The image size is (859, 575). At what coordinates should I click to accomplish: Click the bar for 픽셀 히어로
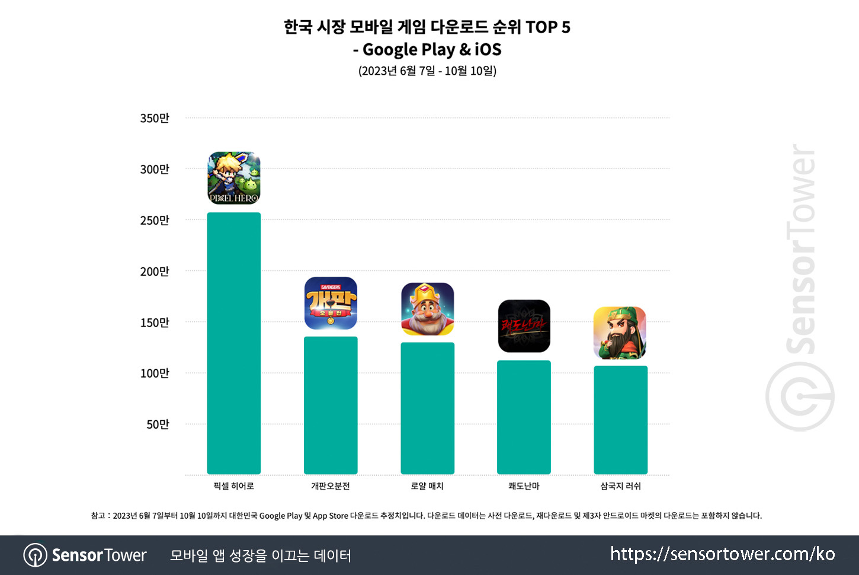pos(233,343)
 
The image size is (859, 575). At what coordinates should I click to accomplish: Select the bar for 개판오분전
pos(331,405)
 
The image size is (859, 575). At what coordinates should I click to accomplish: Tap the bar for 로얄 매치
pos(427,408)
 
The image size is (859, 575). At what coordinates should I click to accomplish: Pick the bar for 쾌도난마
pos(524,417)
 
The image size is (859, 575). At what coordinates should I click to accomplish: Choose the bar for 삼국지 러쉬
pos(620,420)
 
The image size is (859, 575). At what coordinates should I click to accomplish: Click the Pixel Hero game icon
pos(234,178)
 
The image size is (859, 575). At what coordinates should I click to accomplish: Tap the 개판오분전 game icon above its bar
pos(331,303)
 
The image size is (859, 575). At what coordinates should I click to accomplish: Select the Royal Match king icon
pos(427,309)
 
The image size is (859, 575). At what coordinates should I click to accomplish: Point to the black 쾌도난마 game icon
pos(524,326)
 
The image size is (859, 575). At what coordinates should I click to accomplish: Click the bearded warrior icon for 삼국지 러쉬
pos(620,333)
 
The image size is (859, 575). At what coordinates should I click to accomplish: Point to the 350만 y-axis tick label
pos(155,118)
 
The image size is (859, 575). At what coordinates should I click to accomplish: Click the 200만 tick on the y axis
pos(155,271)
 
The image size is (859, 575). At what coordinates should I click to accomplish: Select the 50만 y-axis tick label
pos(158,424)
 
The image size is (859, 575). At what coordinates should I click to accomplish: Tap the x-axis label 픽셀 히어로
pos(233,486)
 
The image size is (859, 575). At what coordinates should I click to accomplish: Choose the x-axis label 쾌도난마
pos(524,486)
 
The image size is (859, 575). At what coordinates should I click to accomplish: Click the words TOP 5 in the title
pos(547,27)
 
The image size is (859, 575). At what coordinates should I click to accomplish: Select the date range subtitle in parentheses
pos(427,71)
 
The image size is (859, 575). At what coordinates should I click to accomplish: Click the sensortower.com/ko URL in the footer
pos(722,554)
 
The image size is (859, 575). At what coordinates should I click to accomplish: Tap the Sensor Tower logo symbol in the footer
pos(35,555)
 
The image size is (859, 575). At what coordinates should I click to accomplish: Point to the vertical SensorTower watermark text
pos(802,249)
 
